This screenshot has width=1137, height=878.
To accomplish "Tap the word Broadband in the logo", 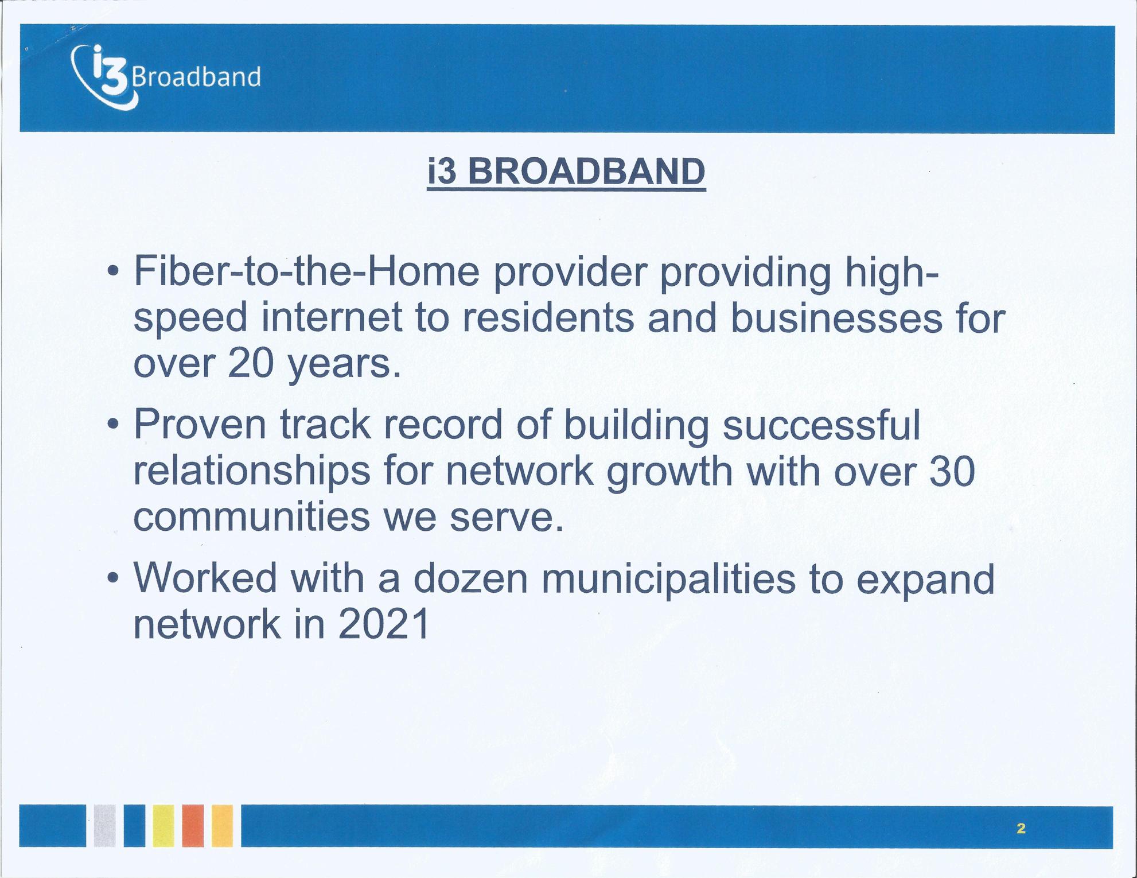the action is (x=197, y=77).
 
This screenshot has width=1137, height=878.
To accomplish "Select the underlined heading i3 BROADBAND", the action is (x=566, y=172).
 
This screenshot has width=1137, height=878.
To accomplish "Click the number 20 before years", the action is (x=250, y=364).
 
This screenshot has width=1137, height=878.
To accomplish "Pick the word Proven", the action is (x=200, y=425).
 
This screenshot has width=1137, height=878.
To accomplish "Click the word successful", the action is (x=821, y=425).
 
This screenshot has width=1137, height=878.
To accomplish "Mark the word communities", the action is (x=252, y=517).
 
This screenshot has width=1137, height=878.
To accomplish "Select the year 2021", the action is (x=383, y=624).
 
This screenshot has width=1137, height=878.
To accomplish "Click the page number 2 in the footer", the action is (x=1021, y=828).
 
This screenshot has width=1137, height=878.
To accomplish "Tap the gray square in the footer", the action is (x=104, y=826).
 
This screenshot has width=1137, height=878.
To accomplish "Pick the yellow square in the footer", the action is (x=163, y=826).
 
